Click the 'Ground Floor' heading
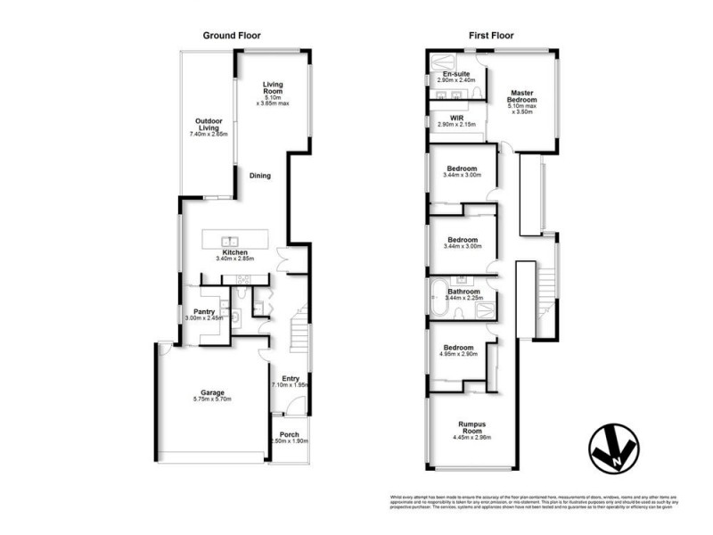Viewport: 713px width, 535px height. coord(231,36)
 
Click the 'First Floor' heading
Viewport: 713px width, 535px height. coord(489,36)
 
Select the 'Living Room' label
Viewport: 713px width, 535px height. coord(273,88)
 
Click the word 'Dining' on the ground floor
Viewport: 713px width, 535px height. coord(259,176)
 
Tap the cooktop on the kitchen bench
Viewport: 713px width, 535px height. coord(242,281)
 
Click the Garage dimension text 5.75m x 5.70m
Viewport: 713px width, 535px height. coord(211,399)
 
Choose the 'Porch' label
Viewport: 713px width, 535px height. coord(288,436)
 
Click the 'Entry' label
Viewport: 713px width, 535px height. coord(290,378)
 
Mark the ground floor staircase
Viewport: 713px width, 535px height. coord(300,330)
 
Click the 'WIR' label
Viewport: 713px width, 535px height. coord(457,118)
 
